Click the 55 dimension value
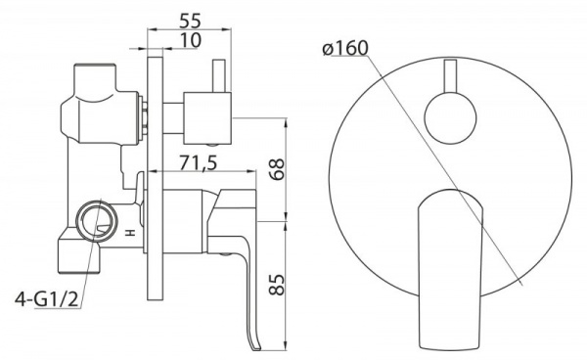(190, 21)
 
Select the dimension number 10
(191, 40)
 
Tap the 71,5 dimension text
(199, 162)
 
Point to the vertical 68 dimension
(278, 169)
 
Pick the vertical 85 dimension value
(278, 285)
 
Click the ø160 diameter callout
(345, 48)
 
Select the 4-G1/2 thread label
(47, 299)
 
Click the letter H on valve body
(130, 233)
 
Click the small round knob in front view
(451, 118)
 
